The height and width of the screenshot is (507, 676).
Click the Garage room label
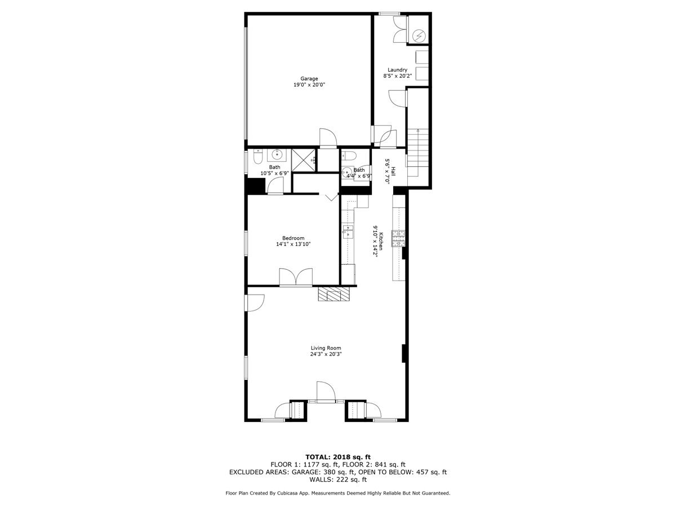[x=309, y=78]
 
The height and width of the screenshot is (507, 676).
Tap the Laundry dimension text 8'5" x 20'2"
[x=397, y=75]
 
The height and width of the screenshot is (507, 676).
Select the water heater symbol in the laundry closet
[x=419, y=36]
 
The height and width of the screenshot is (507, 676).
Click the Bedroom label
[x=293, y=238]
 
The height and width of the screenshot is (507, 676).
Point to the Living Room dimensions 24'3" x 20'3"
[x=326, y=354]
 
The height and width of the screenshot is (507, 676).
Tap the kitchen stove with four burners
[x=399, y=239]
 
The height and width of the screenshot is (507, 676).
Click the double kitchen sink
[x=348, y=232]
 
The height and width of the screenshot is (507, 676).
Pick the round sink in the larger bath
[x=277, y=154]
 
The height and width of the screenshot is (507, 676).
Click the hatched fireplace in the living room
[x=334, y=293]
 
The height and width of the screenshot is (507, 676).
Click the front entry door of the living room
[x=326, y=392]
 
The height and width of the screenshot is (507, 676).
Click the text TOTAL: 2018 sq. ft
[x=337, y=457]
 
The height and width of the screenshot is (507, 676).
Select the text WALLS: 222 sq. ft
[x=337, y=480]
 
